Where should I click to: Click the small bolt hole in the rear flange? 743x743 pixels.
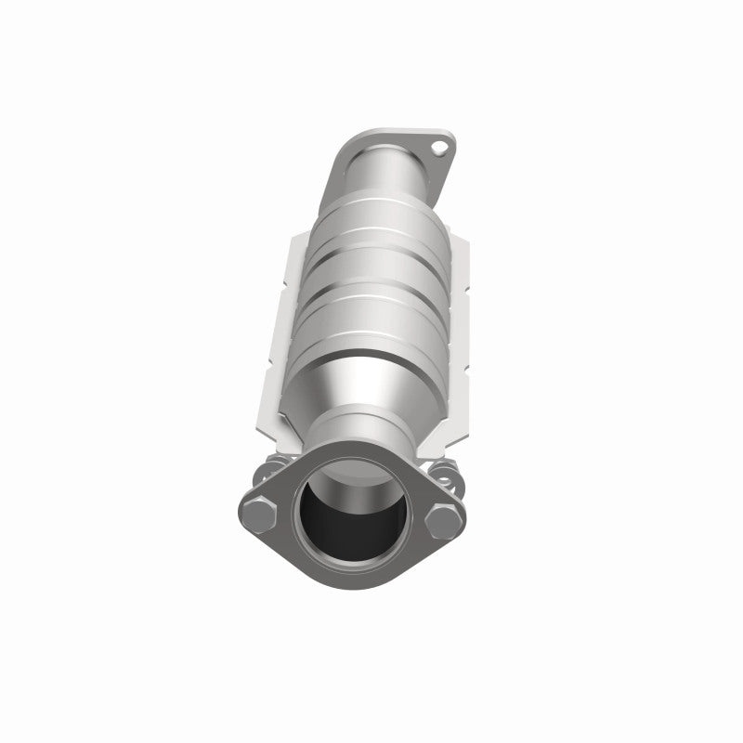click(445, 147)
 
